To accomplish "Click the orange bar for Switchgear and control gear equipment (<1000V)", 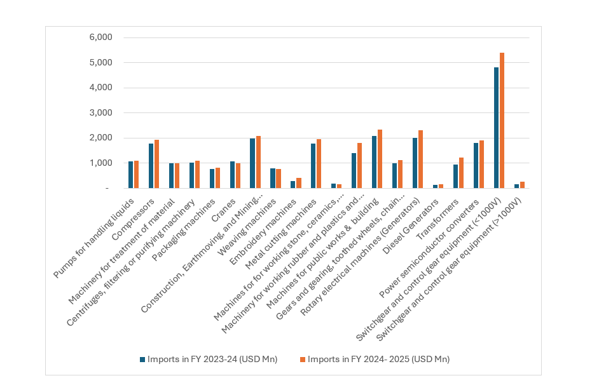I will click(502, 121).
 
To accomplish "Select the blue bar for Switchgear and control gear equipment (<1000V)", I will click(496, 128).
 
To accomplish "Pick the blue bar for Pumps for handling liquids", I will click(130, 175).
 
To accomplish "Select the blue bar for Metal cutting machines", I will click(313, 166).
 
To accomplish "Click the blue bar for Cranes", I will click(232, 175).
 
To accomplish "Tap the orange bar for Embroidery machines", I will click(299, 183).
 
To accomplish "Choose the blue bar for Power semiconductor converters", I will click(476, 166).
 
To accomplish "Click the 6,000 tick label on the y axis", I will click(100, 37).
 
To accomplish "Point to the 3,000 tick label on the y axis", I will click(100, 112).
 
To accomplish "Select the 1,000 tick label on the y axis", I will click(100, 163).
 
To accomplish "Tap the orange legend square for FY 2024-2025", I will click(302, 360).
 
